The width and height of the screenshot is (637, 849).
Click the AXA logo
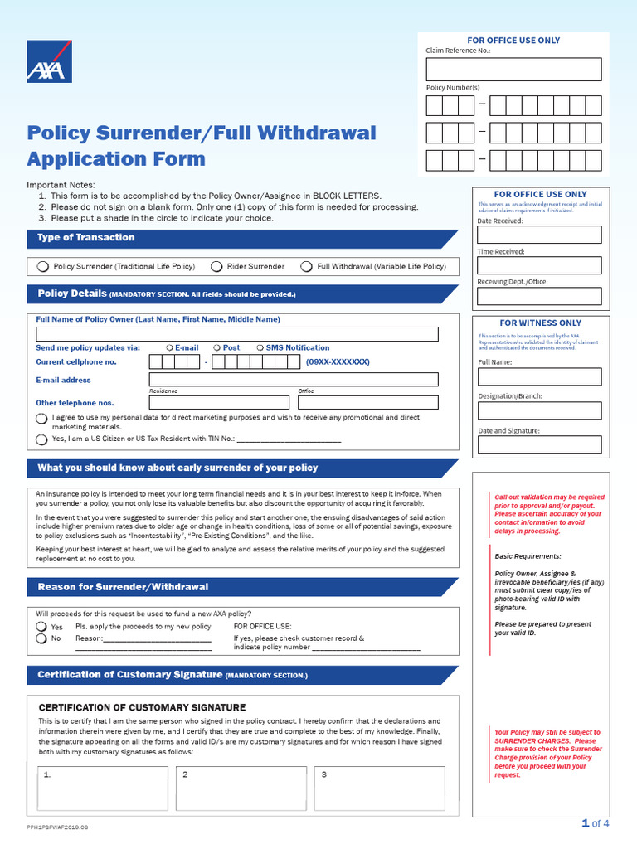point(49,61)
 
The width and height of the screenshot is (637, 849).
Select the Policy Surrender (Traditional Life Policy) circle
point(43,267)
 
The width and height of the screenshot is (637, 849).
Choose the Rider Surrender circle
point(216,267)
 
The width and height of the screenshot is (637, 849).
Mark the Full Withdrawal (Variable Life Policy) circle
point(307,267)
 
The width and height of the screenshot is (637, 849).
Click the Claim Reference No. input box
point(513,69)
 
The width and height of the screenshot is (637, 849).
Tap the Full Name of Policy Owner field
point(237,334)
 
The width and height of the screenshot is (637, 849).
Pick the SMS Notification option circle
point(260,348)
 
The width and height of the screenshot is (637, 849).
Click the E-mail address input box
point(294,380)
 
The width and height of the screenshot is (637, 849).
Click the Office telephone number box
point(367,402)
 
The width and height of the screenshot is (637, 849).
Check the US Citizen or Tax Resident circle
point(41,439)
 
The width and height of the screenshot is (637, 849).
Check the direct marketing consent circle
point(41,420)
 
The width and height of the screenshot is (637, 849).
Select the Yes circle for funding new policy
point(41,627)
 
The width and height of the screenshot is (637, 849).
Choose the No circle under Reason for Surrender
point(41,639)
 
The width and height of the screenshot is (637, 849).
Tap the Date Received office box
point(538,235)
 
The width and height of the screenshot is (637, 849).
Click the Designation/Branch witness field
point(538,410)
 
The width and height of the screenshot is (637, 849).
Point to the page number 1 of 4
point(596,823)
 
